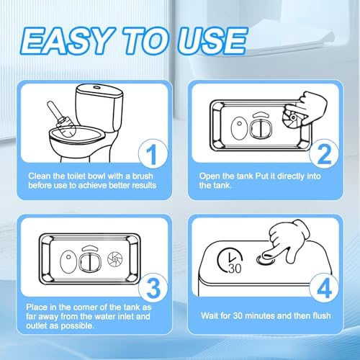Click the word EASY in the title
68,41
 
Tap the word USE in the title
212,41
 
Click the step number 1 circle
153,154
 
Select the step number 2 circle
324,154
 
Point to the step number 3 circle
153,288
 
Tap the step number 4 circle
324,288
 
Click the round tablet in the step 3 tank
115,259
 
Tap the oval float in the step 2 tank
239,128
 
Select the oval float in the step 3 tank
68,261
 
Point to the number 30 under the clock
235,269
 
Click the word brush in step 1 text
143,176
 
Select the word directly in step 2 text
290,176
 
